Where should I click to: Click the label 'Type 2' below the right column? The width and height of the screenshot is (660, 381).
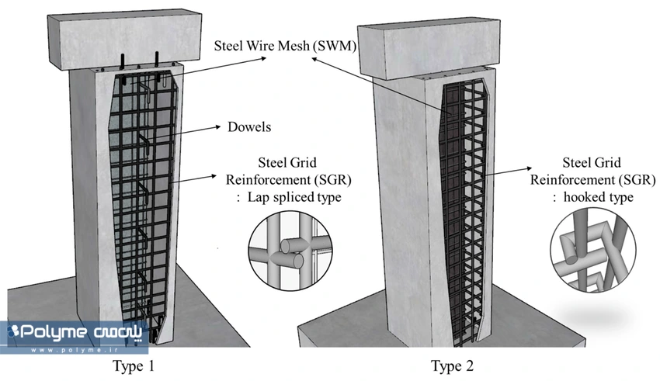(452, 365)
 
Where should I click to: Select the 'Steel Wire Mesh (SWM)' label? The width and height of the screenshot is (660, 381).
(285, 46)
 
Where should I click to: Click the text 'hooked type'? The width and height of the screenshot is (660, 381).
(599, 197)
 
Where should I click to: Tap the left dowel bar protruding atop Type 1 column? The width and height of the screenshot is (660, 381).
(123, 61)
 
